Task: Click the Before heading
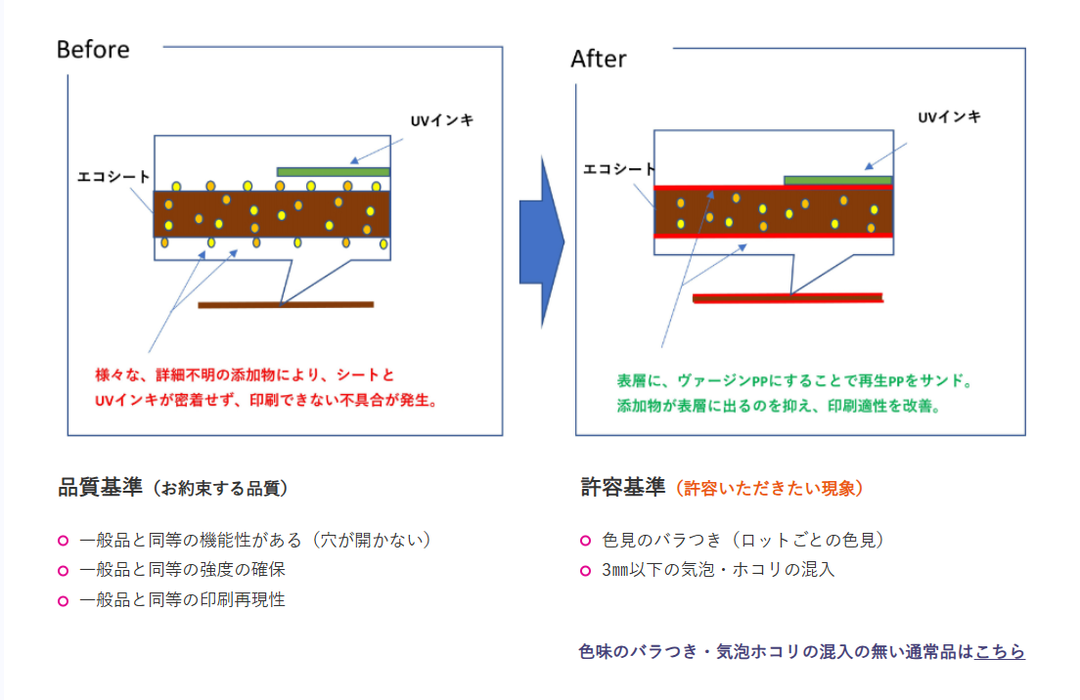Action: (x=93, y=50)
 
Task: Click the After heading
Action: (x=599, y=59)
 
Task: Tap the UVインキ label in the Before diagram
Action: (x=442, y=121)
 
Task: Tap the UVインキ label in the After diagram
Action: (x=949, y=117)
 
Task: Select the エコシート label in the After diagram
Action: (x=619, y=168)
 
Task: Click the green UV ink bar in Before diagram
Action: (x=334, y=172)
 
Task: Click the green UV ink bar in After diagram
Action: (x=838, y=180)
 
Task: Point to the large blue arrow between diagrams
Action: (x=541, y=241)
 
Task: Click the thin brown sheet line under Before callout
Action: (x=286, y=305)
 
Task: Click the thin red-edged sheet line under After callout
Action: (x=787, y=297)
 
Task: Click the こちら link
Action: (x=1000, y=651)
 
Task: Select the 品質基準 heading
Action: (x=101, y=488)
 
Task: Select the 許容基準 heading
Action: (x=622, y=488)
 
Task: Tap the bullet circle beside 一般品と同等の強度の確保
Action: (x=64, y=570)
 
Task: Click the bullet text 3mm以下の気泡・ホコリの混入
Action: (x=719, y=569)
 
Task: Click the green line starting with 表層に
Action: (x=793, y=380)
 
